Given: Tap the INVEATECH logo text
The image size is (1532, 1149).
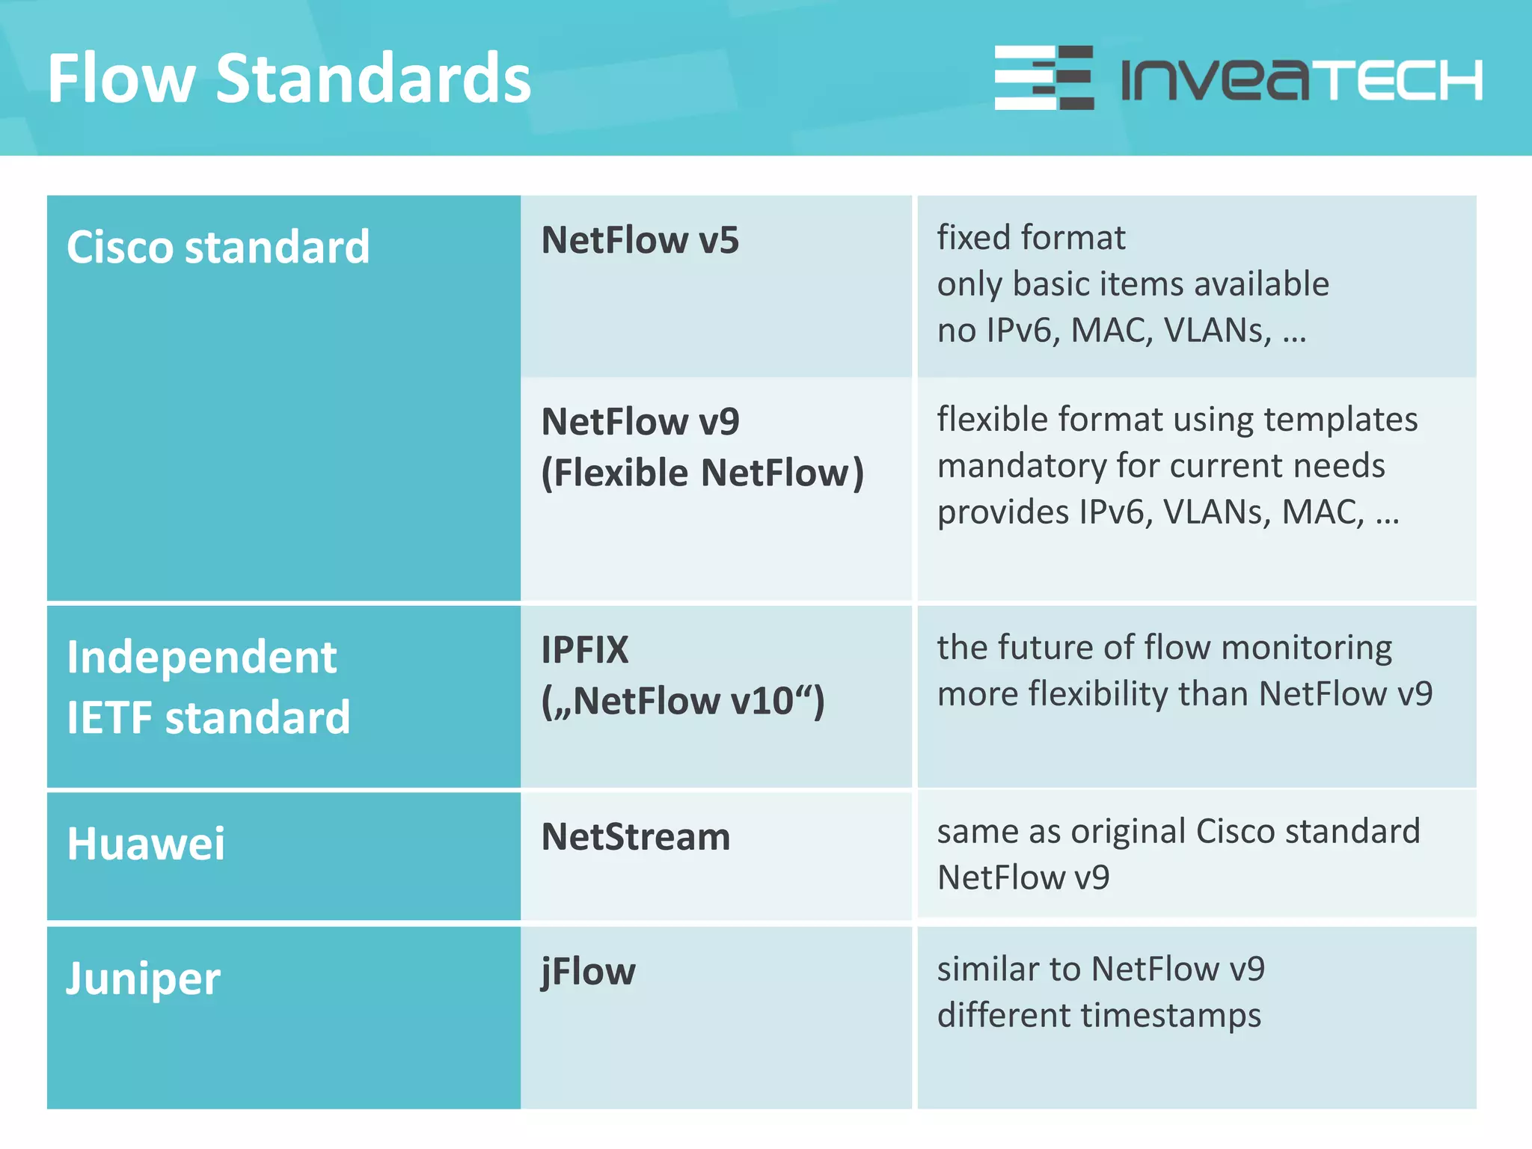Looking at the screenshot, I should (x=1302, y=79).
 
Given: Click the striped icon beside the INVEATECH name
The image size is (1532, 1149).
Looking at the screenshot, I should (x=1044, y=78).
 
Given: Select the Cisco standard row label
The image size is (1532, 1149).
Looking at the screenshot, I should (x=218, y=247).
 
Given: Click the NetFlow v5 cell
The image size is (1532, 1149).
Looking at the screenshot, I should (x=640, y=240).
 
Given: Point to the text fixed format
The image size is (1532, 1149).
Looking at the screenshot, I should (x=1031, y=238).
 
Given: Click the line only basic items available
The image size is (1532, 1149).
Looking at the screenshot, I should (x=1133, y=284).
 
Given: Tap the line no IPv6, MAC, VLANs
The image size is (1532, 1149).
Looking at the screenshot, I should (x=1121, y=331).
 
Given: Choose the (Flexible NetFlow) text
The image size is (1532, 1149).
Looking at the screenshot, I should (x=702, y=473).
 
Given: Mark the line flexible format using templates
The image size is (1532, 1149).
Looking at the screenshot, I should (x=1177, y=420).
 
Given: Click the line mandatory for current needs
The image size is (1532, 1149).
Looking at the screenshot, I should (x=1161, y=466).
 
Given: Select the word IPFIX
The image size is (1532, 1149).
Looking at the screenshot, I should (x=585, y=649).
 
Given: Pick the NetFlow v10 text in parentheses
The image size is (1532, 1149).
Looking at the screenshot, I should (x=682, y=701).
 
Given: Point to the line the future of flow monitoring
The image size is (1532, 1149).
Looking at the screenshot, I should (x=1164, y=648).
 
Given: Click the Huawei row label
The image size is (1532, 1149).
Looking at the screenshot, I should (x=146, y=844).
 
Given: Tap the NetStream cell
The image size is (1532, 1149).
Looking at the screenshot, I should (x=635, y=836).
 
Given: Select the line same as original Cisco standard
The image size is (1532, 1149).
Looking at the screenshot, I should (x=1178, y=831).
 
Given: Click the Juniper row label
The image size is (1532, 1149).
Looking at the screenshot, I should (x=144, y=978).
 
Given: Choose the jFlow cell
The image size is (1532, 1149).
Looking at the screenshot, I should (x=588, y=972).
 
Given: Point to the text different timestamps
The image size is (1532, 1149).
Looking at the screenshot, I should (x=1099, y=1016).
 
